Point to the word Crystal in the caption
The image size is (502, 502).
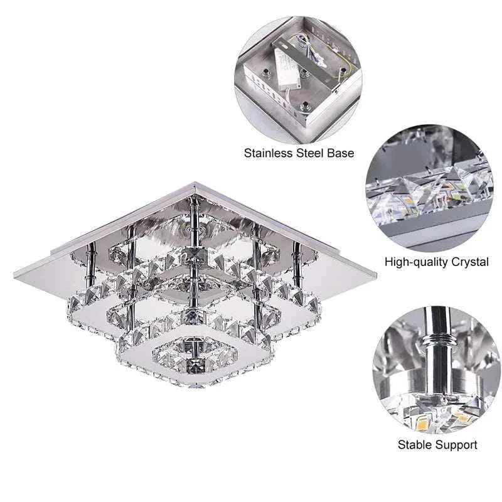coord(469,262)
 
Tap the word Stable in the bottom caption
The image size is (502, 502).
coord(415,445)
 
